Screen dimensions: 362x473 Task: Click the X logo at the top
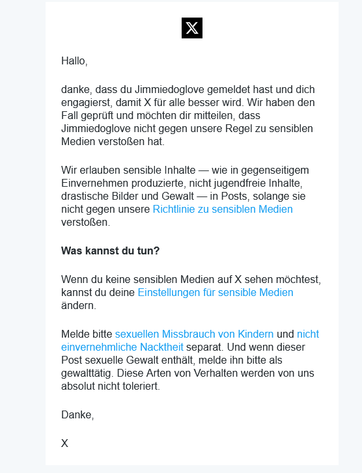point(192,28)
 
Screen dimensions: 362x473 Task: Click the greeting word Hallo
point(74,61)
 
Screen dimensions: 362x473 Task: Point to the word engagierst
point(87,102)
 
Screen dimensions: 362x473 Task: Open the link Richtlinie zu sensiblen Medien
point(223,209)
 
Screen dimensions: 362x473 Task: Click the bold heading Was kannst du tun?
point(110,250)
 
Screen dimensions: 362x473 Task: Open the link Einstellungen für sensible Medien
point(216,292)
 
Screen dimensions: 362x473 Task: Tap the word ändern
point(78,305)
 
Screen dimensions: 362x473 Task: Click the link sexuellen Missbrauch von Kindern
point(194,334)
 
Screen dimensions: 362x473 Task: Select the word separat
point(207,347)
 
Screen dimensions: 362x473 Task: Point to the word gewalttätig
point(89,373)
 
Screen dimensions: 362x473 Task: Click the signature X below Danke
point(64,443)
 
